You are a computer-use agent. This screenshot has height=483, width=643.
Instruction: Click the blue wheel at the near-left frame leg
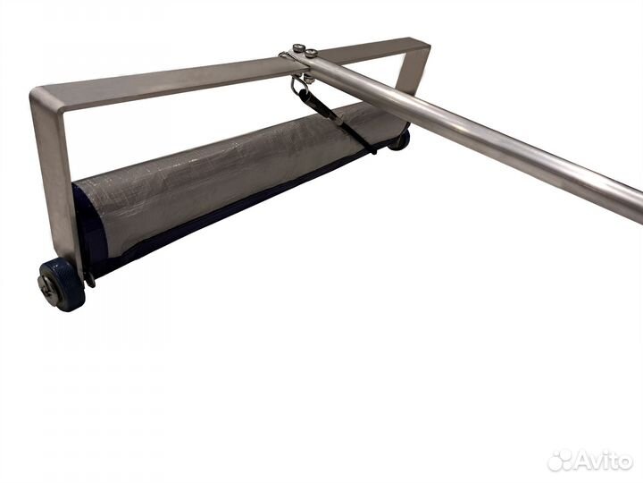pos(63,284)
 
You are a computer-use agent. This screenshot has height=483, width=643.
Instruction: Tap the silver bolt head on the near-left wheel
pos(45,284)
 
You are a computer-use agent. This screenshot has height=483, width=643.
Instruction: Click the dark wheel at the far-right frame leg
pos(400,140)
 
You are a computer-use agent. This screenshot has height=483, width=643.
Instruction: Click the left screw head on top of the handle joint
pos(298,48)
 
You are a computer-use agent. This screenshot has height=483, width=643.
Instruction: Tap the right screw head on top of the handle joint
pos(312,53)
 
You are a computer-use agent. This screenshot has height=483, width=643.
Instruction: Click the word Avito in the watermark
pos(603,461)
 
